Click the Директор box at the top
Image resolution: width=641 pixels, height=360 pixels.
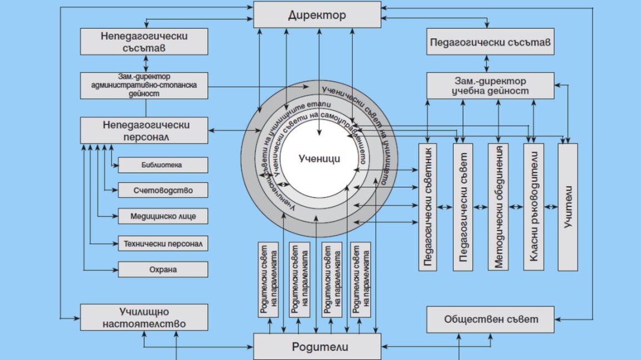coord(317,14)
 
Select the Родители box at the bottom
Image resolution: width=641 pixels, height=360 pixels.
coord(317,347)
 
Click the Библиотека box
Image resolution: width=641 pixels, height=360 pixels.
coord(163,165)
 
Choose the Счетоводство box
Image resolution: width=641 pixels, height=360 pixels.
coord(163,190)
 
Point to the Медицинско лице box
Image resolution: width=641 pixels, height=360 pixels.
coord(163,216)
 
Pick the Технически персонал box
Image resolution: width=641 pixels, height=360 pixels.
coord(163,243)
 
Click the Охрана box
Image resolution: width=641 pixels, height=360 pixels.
coord(163,269)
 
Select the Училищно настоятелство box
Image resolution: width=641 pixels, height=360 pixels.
coord(144,318)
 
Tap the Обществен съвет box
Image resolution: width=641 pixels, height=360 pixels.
coord(490,319)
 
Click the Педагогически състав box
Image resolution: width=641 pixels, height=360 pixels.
coord(490,42)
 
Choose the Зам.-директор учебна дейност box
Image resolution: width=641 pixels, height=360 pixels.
coord(490,86)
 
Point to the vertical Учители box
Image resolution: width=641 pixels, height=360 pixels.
coord(568,207)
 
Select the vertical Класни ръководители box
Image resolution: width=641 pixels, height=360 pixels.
coord(533,207)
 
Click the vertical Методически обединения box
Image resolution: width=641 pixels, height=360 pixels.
coord(498,207)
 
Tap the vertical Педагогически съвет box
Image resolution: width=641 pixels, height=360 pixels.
coord(463,207)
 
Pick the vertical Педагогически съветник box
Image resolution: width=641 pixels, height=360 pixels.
coord(428,207)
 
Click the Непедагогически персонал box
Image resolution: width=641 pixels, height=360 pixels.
coord(144,130)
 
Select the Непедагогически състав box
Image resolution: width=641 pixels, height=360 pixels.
coord(144,42)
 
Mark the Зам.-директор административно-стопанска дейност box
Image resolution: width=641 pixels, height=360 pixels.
coord(144,85)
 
